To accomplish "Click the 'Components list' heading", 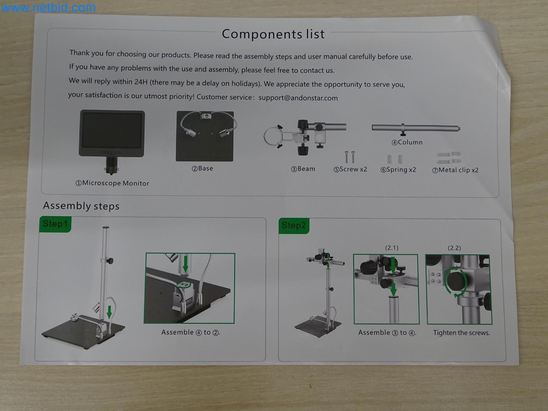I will click(273, 34).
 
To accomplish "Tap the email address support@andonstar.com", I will click(298, 98).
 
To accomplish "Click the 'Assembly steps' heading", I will click(81, 206).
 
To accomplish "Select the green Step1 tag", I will click(55, 224).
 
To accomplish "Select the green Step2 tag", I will click(294, 225).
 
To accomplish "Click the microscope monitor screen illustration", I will click(112, 130).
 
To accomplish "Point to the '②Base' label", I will click(203, 169).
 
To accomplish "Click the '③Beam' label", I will click(303, 169).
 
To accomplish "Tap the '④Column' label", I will click(407, 142).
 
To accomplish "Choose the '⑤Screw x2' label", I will click(350, 169).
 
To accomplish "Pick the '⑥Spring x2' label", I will click(398, 170).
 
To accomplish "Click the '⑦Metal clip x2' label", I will click(455, 170).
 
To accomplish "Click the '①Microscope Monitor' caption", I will click(112, 183).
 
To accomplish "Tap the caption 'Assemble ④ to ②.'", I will click(191, 332).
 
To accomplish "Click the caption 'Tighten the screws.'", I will click(461, 333).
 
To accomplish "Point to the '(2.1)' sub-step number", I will click(391, 248).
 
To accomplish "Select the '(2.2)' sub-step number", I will click(454, 248).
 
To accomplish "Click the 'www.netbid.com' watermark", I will click(48, 7).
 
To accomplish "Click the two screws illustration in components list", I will click(349, 157).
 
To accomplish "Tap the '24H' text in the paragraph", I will click(141, 82).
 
